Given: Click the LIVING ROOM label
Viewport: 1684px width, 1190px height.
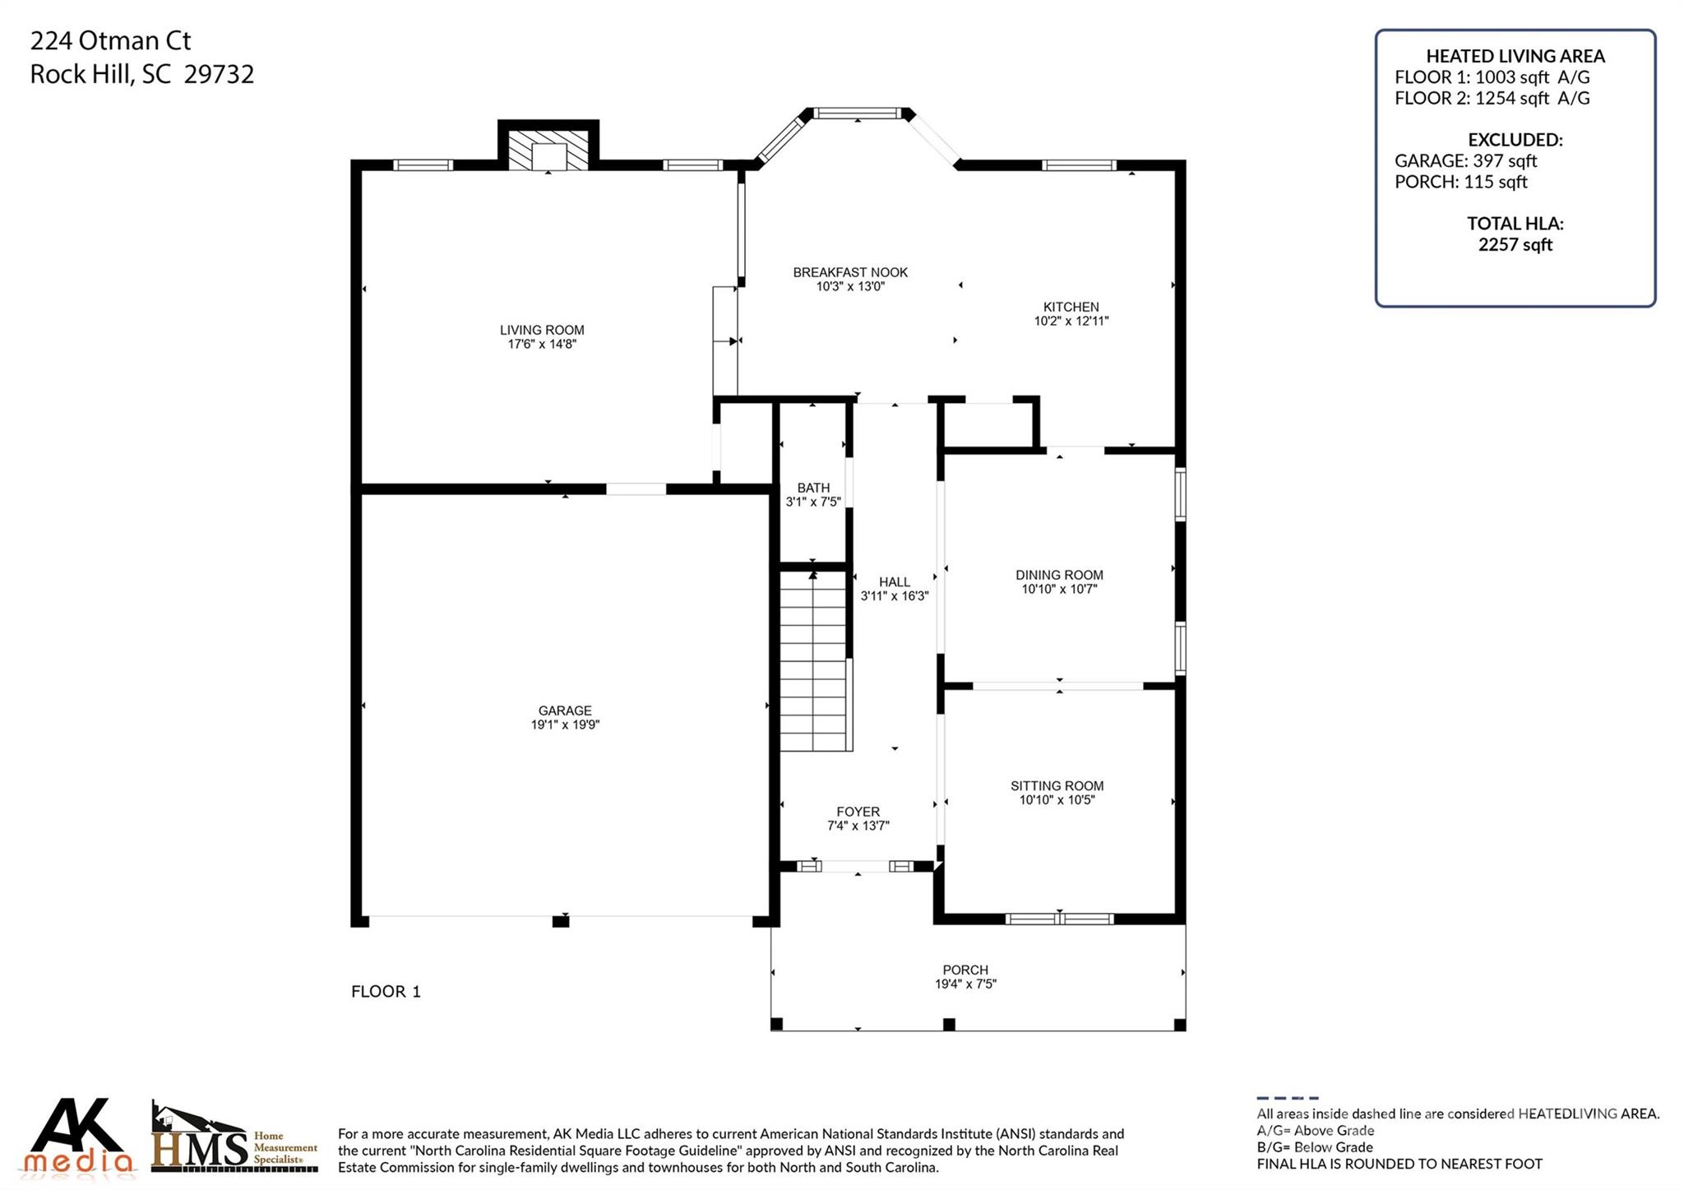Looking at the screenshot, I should (542, 330).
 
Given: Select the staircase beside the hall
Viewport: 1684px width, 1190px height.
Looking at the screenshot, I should (813, 662).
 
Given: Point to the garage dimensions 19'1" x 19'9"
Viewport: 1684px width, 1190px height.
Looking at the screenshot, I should (565, 725).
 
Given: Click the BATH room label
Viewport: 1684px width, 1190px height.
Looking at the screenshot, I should (813, 488).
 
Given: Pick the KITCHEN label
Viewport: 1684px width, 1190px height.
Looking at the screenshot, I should (1071, 307).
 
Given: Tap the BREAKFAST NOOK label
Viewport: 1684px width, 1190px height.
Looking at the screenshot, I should (850, 272).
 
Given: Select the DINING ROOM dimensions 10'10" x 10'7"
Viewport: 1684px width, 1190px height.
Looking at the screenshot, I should (1059, 590).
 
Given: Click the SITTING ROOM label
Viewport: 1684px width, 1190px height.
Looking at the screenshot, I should (1057, 785).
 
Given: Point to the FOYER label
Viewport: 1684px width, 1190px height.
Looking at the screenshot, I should (858, 812).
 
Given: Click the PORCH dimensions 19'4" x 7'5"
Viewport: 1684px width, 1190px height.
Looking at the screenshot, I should (965, 984).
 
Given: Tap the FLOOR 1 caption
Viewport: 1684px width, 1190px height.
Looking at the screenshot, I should (386, 992).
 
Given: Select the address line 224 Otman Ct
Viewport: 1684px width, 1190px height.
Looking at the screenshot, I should (110, 40).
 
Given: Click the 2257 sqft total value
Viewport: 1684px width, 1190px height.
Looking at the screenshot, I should (1515, 245).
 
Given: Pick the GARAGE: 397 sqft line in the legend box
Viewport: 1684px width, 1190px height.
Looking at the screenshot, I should (1465, 161).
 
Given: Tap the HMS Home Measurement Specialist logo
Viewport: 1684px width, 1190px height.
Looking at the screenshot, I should (234, 1139).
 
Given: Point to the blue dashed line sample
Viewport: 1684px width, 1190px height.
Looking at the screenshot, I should (1287, 1098).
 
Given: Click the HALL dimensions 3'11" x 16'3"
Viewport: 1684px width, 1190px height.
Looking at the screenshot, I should (894, 596).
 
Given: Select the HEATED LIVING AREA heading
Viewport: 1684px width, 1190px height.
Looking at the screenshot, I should (1515, 56).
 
